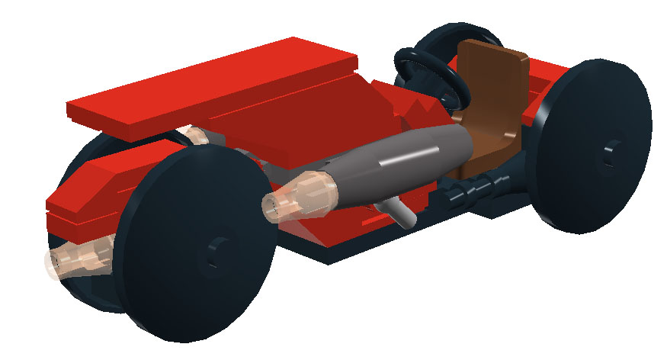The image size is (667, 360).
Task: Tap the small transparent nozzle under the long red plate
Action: [196, 137]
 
